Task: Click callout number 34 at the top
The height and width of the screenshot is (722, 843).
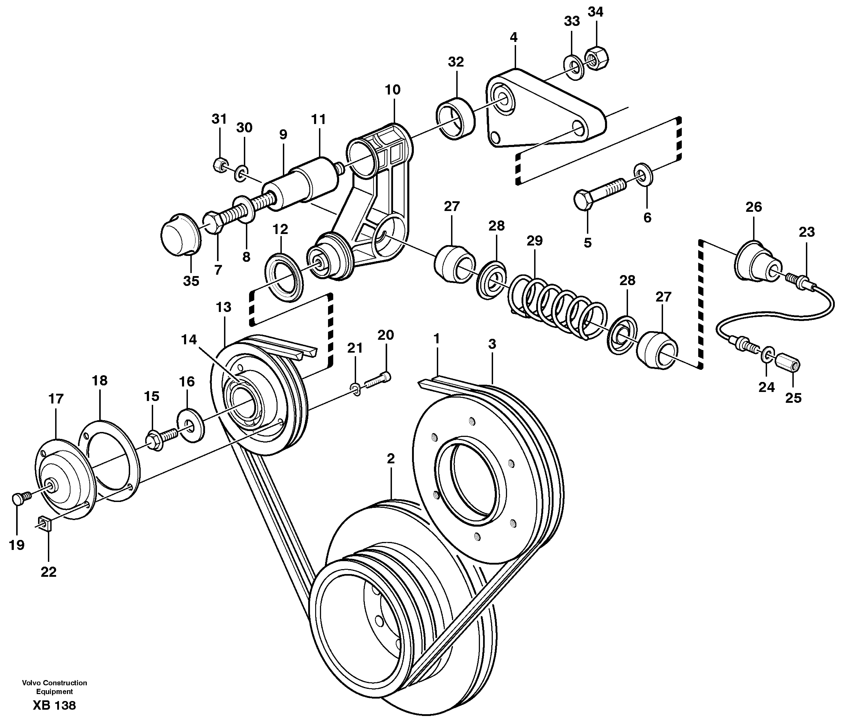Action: (x=595, y=12)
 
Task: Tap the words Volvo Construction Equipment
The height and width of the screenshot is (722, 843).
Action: (x=54, y=687)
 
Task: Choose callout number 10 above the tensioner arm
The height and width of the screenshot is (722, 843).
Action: (x=393, y=90)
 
